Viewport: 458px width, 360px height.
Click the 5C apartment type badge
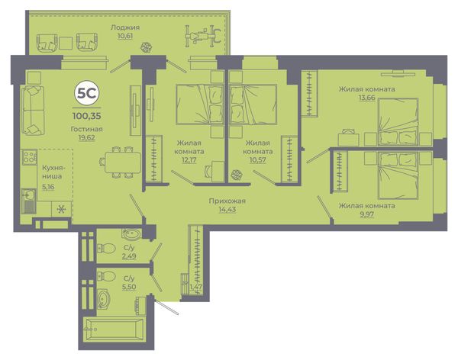point(87,93)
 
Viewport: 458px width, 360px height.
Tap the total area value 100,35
point(87,116)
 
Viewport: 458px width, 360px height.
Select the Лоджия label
point(125,27)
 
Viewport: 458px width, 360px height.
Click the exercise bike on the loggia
point(202,36)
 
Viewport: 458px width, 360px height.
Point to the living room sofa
point(33,111)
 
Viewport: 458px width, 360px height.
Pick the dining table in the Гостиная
point(123,162)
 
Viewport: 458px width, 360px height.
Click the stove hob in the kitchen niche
point(29,156)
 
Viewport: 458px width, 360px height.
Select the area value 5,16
point(48,187)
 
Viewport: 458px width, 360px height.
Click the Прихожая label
point(227,201)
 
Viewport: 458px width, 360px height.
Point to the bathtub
point(114,329)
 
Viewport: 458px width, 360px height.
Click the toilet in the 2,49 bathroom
point(106,249)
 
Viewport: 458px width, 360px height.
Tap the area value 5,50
point(129,287)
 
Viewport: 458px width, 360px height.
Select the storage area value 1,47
point(196,287)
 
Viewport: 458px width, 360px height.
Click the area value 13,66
point(367,98)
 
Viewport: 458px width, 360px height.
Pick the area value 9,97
point(367,214)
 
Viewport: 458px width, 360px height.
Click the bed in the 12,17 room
point(200,104)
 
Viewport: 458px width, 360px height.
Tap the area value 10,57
point(257,160)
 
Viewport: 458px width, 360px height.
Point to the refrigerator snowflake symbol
point(61,209)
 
